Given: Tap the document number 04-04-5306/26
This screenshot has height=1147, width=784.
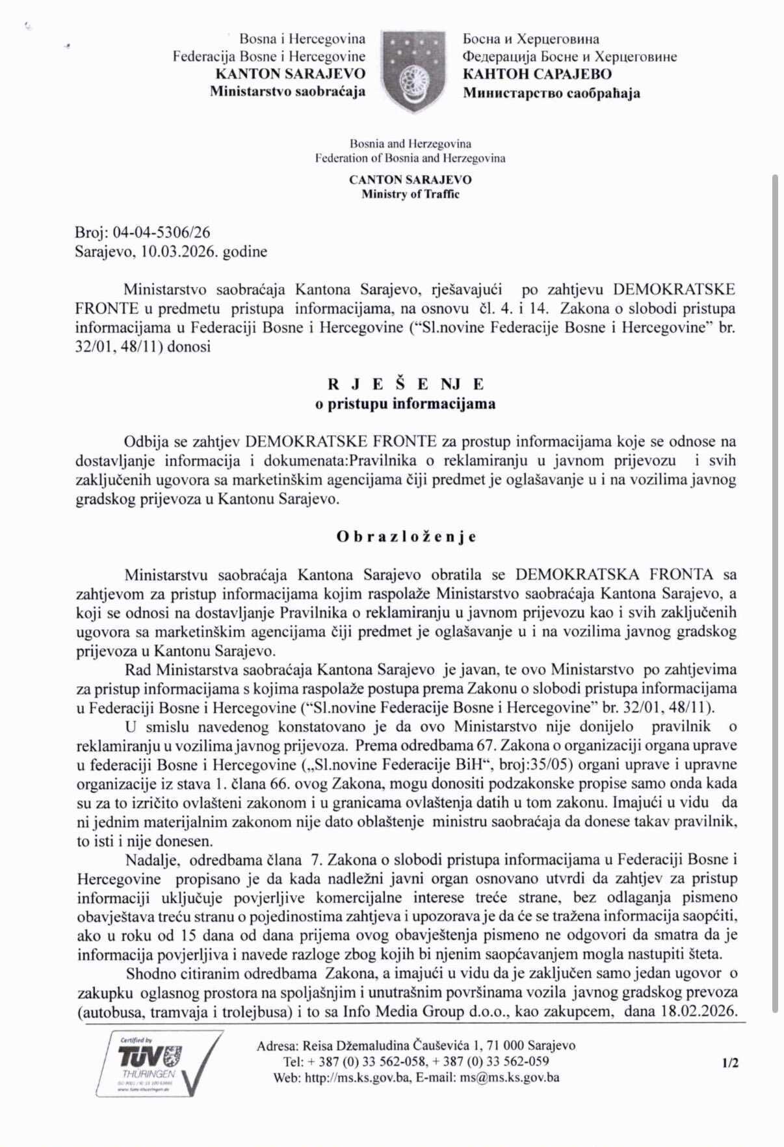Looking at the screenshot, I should (161, 232).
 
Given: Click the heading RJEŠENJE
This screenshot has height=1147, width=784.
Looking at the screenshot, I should (405, 384).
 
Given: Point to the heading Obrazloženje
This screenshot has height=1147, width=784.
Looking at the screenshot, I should (406, 537).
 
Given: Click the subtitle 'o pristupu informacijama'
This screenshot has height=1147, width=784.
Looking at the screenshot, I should (405, 403).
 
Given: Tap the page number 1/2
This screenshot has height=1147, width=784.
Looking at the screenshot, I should (729, 1063).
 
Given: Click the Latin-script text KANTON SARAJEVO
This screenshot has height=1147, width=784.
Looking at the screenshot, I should (290, 74).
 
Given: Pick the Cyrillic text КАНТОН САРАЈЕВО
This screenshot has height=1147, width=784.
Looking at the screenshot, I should (537, 74).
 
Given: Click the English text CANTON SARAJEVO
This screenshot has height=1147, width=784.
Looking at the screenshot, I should (410, 180).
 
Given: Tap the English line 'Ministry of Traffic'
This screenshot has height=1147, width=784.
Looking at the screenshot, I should (410, 194).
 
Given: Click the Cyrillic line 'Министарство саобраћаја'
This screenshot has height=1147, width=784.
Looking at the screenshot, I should (551, 92).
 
